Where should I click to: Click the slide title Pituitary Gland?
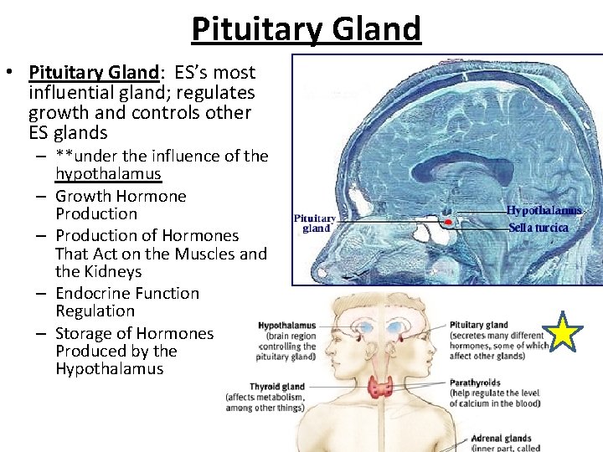306,28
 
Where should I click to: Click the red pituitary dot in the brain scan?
448,222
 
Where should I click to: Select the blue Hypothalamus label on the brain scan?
544,211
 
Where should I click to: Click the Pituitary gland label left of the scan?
315,223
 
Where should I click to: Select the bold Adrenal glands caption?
501,438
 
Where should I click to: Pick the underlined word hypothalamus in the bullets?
108,173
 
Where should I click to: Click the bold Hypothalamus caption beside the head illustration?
286,326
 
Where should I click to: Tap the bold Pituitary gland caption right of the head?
478,325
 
